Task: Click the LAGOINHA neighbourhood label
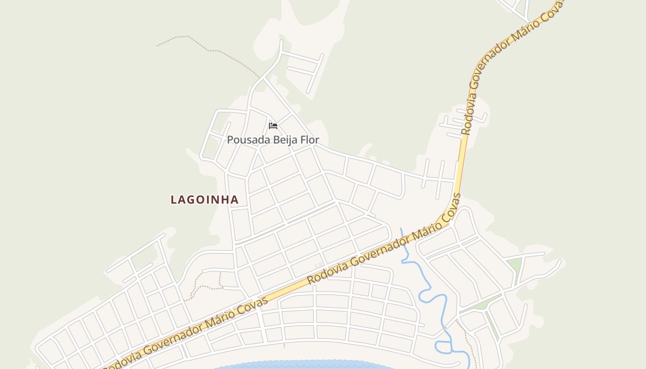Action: click(x=205, y=200)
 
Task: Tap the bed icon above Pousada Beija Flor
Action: click(x=273, y=125)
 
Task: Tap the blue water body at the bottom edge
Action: click(x=305, y=365)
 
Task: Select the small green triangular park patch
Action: click(x=514, y=265)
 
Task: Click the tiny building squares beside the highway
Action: click(x=318, y=264)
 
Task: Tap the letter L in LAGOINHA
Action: click(x=174, y=200)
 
